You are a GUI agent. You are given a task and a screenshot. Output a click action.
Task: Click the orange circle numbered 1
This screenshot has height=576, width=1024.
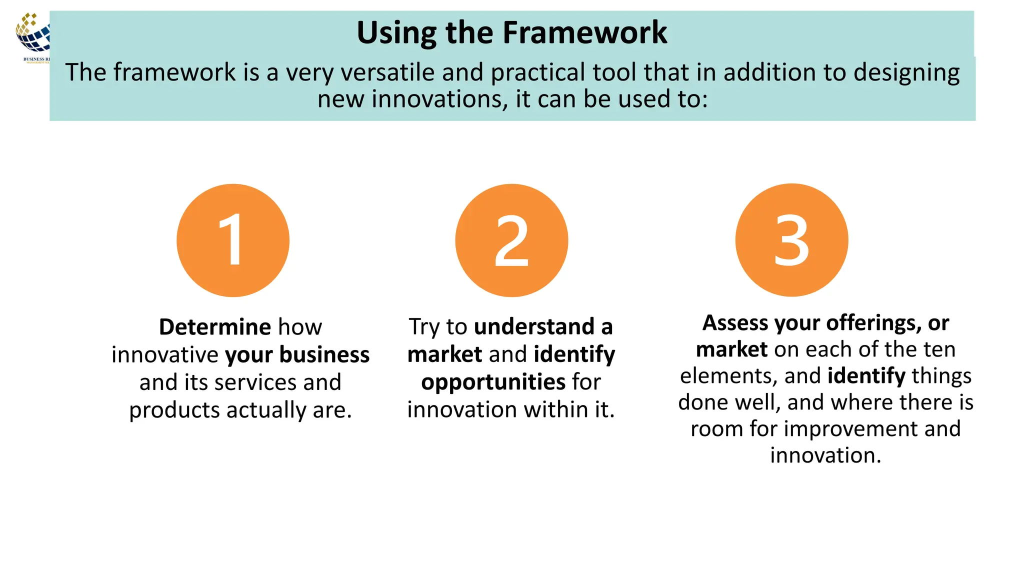click(233, 240)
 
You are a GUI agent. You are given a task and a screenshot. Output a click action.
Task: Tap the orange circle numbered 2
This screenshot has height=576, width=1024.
click(511, 240)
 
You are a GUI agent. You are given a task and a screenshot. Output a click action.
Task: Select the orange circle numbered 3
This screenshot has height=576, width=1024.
click(791, 240)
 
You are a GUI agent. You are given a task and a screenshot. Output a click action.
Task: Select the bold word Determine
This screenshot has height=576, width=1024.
click(215, 327)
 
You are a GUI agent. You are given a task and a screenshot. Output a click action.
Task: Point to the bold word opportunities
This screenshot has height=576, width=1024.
click(493, 382)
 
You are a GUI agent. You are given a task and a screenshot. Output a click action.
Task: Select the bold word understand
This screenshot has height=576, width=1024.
click(534, 327)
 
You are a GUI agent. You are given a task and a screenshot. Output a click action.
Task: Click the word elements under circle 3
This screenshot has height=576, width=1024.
click(728, 376)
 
